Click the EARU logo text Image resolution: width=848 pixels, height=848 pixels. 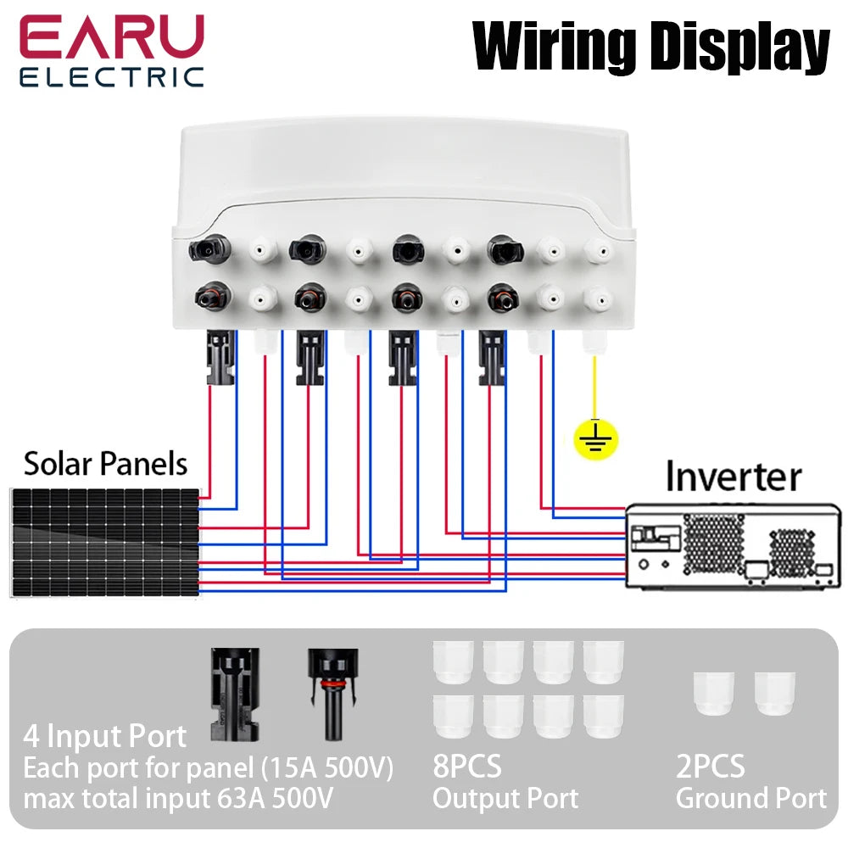(x=111, y=38)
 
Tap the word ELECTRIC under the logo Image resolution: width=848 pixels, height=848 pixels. (x=111, y=78)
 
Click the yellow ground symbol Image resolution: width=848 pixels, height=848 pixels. (x=595, y=438)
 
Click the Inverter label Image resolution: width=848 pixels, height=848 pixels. (x=733, y=477)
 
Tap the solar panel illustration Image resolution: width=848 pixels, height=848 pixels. (x=106, y=542)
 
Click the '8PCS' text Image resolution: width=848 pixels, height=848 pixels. (x=466, y=767)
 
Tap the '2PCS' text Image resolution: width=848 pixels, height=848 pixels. (x=710, y=767)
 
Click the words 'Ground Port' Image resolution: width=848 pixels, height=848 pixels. (x=750, y=798)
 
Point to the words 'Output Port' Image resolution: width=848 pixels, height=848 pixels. (x=505, y=798)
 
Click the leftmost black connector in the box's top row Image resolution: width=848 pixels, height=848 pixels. (x=206, y=248)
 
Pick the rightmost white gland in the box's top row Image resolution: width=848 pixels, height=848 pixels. (x=599, y=249)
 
